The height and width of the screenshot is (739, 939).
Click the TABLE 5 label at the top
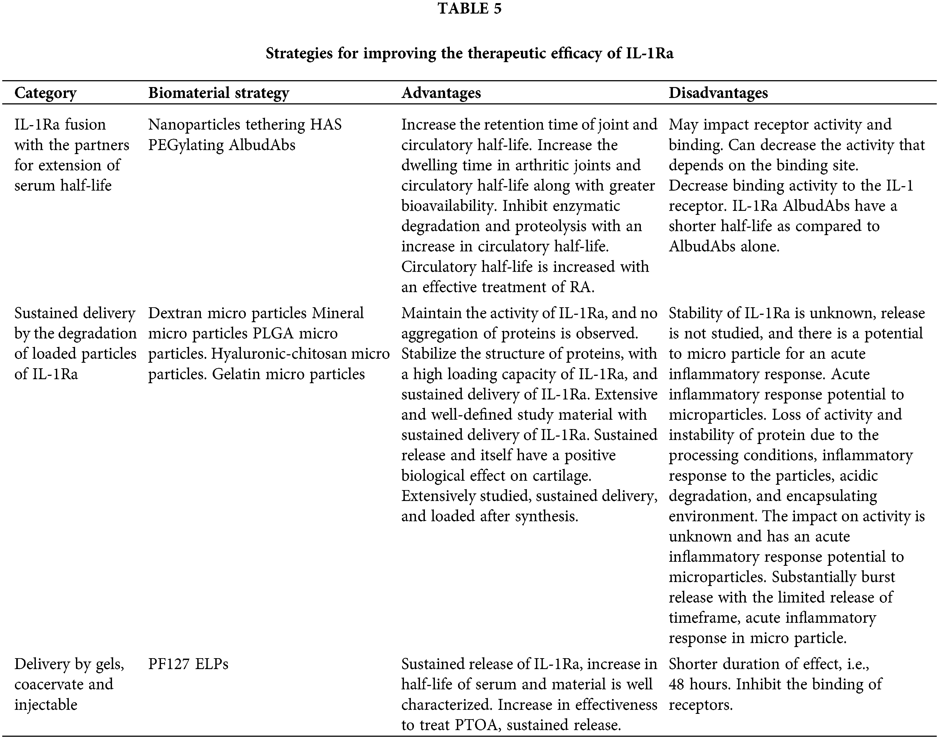(469, 9)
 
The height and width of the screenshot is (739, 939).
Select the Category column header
(45, 93)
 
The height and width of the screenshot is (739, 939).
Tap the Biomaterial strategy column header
(218, 93)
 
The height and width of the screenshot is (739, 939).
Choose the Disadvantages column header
(718, 93)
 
